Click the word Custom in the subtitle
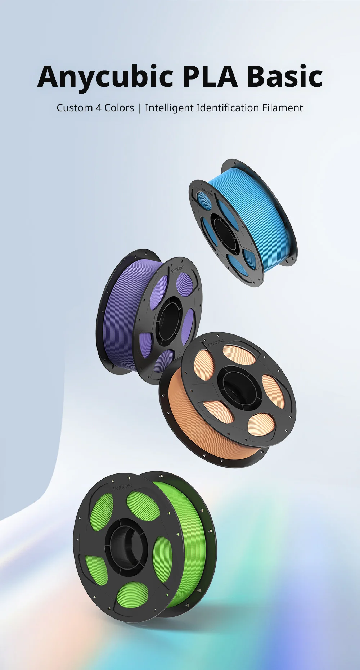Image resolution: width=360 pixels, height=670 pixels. coord(75,108)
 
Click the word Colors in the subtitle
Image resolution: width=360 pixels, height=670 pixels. coord(119,108)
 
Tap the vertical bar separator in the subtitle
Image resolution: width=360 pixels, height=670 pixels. coord(140,108)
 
